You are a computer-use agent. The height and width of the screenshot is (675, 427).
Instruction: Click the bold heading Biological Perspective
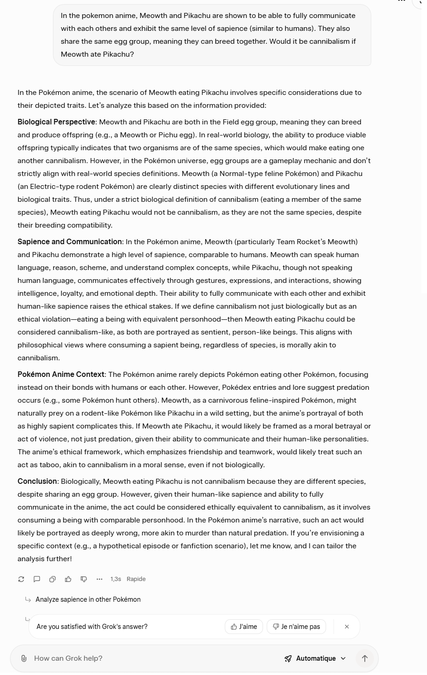tap(56, 122)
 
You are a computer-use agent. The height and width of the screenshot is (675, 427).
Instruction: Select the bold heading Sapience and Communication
tap(70, 242)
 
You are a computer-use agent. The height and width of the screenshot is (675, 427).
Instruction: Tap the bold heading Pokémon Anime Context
tap(61, 375)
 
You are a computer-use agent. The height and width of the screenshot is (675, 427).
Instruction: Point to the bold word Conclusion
tap(37, 481)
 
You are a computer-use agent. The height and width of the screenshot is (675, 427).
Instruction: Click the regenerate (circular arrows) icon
tap(21, 579)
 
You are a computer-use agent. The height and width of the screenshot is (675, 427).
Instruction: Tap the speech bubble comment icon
tap(37, 579)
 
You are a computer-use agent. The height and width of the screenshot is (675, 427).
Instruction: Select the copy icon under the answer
tap(53, 579)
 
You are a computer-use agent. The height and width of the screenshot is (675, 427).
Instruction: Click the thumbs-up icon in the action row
tap(68, 579)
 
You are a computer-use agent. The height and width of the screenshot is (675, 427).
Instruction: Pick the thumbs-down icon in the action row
tap(84, 579)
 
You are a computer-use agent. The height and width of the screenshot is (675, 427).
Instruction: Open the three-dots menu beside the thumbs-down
tap(99, 579)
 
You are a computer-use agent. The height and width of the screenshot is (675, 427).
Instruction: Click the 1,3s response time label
tap(116, 579)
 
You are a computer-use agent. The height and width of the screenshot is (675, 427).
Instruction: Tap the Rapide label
tap(136, 579)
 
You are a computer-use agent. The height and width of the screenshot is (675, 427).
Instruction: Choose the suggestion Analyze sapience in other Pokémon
tap(88, 599)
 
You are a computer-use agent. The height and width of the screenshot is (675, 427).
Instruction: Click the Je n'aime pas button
tap(296, 627)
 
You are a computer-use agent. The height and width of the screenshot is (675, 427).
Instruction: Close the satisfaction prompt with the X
tap(347, 627)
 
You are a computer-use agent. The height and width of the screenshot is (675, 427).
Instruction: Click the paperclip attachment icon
tap(24, 658)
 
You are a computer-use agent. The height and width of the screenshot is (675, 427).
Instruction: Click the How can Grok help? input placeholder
tap(68, 658)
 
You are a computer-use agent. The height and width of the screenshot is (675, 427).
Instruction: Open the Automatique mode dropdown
tap(316, 658)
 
